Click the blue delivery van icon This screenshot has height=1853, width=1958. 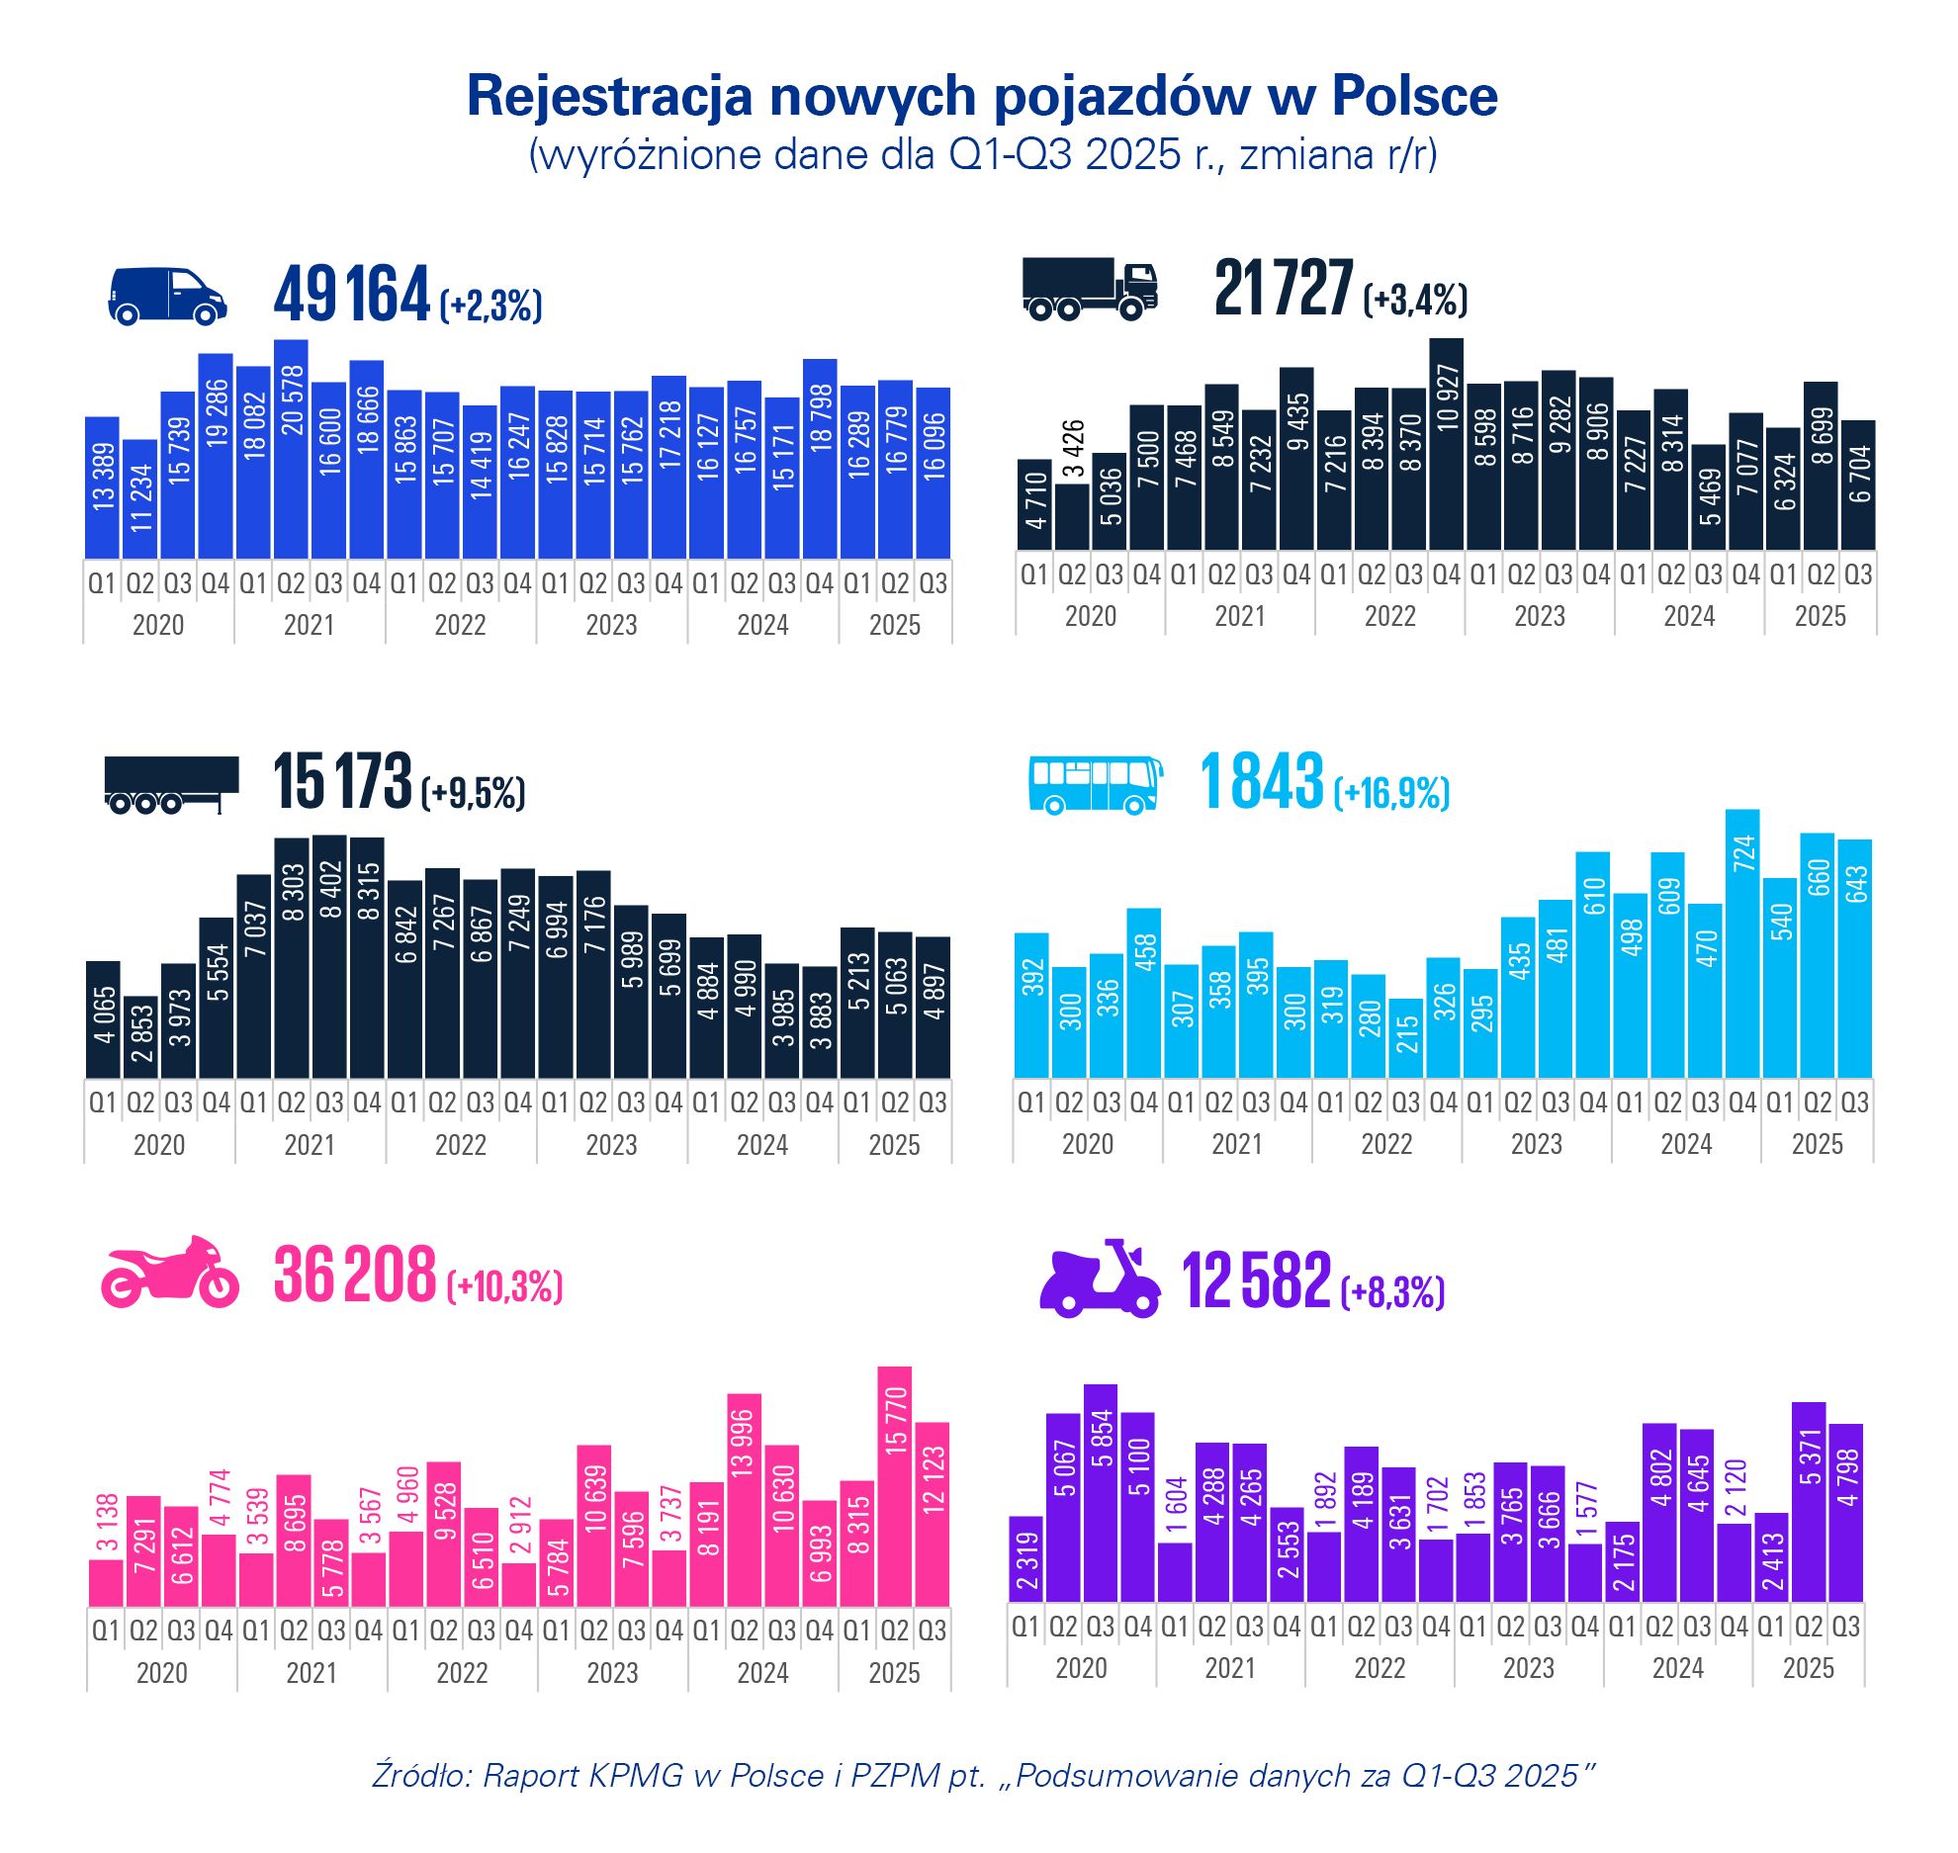point(167,295)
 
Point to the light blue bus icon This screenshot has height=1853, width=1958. point(1095,785)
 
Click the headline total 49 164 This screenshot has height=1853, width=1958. point(351,295)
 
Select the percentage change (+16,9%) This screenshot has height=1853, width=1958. point(1391,793)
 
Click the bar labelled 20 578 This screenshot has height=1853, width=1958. point(291,450)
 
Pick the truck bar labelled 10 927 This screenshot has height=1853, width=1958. point(1447,445)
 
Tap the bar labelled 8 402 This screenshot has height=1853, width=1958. point(329,956)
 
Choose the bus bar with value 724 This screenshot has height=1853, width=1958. point(1742,943)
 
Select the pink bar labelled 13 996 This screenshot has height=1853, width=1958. point(745,1500)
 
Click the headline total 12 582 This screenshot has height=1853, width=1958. point(1256,1280)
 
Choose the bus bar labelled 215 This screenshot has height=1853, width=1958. point(1406,1037)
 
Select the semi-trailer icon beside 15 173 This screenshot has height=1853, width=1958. point(171,785)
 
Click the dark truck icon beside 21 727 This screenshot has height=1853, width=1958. point(1089,289)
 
